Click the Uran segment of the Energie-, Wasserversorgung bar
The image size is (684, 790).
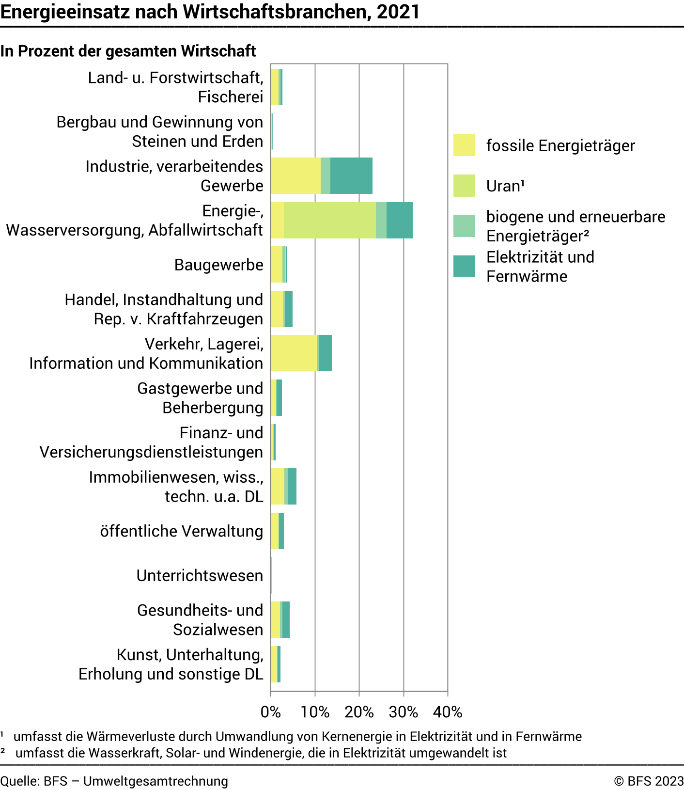329,220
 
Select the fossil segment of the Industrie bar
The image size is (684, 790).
295,175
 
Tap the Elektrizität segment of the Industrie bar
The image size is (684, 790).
351,175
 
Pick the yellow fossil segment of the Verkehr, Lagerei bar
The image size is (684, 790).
294,353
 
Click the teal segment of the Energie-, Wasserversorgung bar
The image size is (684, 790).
400,220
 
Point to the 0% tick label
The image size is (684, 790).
270,711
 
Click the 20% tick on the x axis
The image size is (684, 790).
359,711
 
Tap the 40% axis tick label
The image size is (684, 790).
448,711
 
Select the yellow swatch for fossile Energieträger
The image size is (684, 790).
464,145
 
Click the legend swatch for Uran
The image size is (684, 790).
464,186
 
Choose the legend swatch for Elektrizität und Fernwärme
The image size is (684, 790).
464,266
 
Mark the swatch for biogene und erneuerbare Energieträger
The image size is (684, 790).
464,226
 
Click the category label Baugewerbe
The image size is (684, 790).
218,265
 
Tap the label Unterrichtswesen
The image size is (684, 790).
200,575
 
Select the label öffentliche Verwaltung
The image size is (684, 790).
182,531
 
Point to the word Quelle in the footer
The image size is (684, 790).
19,781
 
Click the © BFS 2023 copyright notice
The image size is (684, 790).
649,781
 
